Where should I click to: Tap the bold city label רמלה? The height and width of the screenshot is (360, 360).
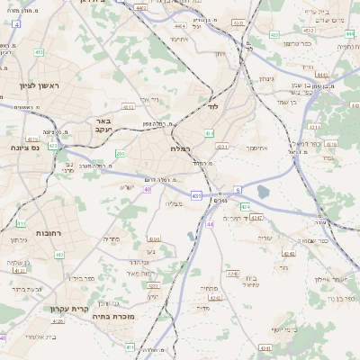(178, 148)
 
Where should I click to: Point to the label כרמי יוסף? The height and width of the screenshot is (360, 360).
(262, 344)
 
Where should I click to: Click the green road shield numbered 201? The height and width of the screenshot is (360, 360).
(120, 154)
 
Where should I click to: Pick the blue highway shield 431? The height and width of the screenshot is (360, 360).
(196, 194)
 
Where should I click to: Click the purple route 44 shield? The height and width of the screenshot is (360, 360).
(210, 224)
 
